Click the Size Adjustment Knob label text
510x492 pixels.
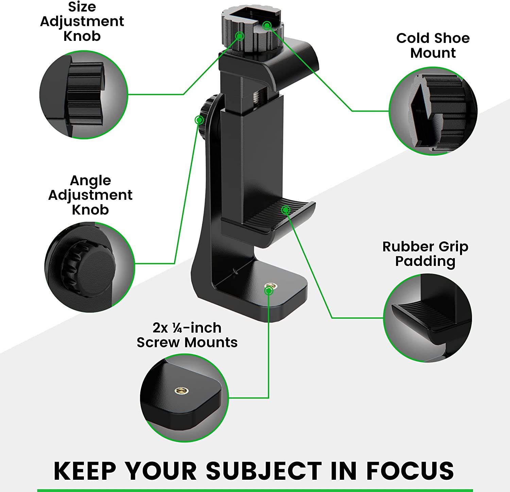point(82,21)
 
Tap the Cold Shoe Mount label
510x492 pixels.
point(433,45)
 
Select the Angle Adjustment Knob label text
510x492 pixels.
point(90,195)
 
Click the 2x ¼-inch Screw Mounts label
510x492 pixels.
point(187,335)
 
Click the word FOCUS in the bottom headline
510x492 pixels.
point(410,471)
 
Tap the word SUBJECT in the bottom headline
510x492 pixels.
point(263,471)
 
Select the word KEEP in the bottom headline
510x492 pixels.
point(85,471)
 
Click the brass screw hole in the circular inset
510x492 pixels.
point(180,391)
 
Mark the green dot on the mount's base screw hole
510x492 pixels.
point(269,290)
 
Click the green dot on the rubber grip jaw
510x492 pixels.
point(286,210)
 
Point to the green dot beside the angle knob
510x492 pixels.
point(199,120)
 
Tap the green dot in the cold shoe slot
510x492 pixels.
point(267,25)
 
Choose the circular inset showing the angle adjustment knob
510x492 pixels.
point(90,267)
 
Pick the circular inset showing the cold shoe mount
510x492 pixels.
point(433,111)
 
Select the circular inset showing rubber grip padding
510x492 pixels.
point(428,318)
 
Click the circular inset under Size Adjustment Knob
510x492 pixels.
point(84,95)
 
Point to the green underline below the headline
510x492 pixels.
point(255,490)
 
